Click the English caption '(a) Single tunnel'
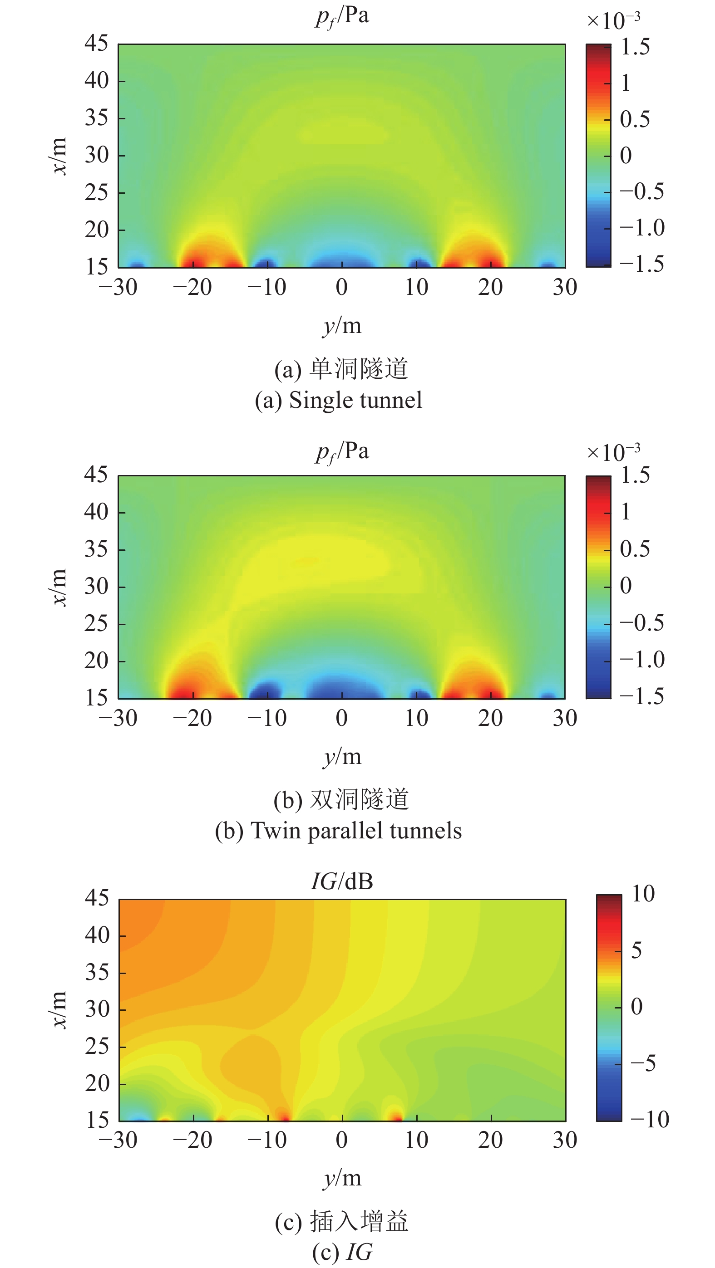pos(338,400)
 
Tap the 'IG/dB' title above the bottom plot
pos(342,881)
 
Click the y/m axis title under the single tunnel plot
pos(342,326)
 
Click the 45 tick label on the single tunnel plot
pos(96,43)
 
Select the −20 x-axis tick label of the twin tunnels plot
pos(192,718)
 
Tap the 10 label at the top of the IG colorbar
pos(643,894)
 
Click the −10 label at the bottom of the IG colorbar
pos(650,1119)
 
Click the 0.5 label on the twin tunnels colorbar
pos(635,549)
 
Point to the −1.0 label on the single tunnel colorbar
pos(642,228)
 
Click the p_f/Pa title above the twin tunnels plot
pos(342,452)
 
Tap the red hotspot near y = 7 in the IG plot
pos(395,1114)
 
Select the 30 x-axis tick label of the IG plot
pos(565,1140)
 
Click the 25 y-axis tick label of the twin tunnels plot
pos(96,624)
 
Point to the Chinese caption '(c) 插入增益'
pos(342,1222)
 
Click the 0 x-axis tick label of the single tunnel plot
pos(342,288)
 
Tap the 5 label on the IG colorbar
pos(636,950)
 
